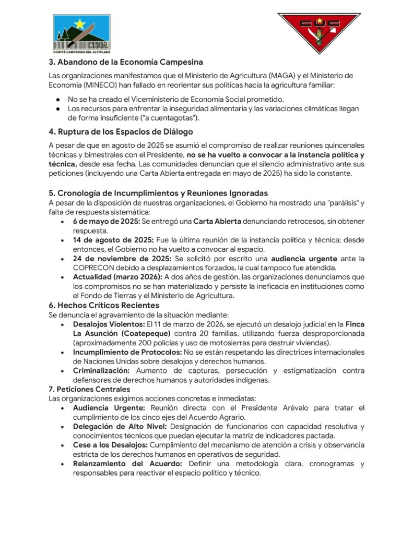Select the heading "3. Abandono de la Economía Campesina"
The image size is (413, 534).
pyautogui.click(x=126, y=62)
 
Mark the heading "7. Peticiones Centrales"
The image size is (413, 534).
pyautogui.click(x=89, y=389)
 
